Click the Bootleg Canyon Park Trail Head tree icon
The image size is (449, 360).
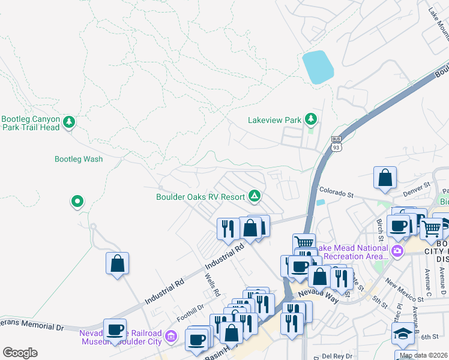point(70,122)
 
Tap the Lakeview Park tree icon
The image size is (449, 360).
point(310,119)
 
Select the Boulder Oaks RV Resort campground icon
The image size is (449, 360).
point(255,196)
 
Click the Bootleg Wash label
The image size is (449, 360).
point(79,159)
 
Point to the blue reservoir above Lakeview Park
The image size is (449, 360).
point(318,67)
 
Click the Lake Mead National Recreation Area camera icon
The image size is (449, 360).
point(397,250)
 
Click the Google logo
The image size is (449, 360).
point(20,353)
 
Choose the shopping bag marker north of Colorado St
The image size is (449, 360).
point(385,177)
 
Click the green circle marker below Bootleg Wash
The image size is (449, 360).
point(77,202)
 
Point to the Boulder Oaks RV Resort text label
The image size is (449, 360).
point(200,196)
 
